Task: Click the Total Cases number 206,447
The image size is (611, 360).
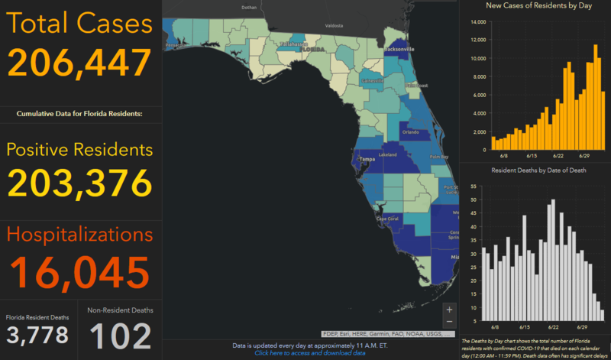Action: coord(79,62)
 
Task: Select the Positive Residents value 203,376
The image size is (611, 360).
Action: coord(79,182)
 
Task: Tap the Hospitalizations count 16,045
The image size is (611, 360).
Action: coord(79,271)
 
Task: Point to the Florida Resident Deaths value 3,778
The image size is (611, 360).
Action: coord(37,334)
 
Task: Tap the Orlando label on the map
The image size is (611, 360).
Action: coord(411,131)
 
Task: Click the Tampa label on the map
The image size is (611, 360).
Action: coord(368,159)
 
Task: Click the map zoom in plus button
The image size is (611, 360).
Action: coord(449,310)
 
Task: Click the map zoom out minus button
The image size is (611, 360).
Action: coord(449,322)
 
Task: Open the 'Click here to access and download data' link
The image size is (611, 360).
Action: coord(309,352)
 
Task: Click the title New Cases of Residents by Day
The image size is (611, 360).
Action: coord(534,6)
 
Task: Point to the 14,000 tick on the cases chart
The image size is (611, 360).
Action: coord(477,21)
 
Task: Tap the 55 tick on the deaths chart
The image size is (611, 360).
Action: coord(475,186)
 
